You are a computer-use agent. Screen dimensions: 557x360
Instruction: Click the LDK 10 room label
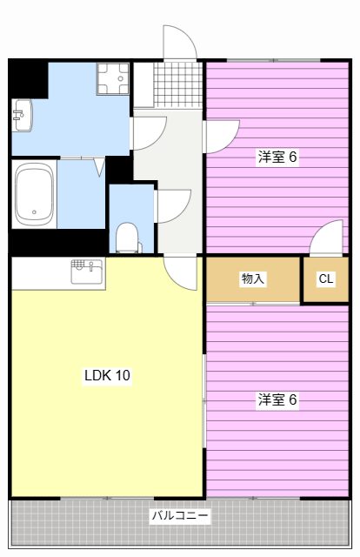coord(107,376)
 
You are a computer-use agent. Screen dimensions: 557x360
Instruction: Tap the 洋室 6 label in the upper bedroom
coord(277,158)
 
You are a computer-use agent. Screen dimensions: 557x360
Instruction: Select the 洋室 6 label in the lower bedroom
coord(277,399)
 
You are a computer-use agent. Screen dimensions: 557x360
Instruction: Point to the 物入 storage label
coord(253,279)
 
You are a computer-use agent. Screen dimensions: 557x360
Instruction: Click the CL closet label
coord(325,279)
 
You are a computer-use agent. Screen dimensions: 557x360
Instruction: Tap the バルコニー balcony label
coord(180,515)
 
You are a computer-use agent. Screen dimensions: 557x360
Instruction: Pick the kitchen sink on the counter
coord(87,266)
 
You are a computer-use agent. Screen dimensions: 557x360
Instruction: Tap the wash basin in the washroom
coord(22,114)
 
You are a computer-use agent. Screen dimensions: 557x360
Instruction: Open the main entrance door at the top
coord(180,44)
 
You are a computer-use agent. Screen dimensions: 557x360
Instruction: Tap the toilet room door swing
coord(172,205)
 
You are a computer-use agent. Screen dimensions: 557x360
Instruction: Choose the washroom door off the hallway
coord(149,131)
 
